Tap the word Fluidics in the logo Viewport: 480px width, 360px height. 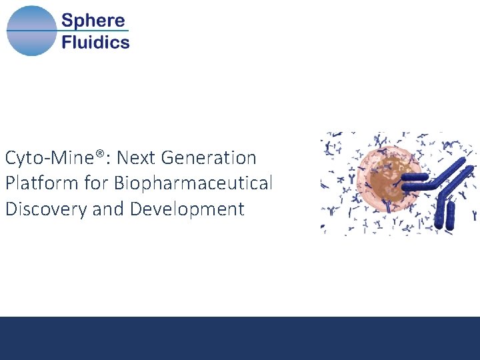[x=95, y=43]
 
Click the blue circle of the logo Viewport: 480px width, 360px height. [x=31, y=31]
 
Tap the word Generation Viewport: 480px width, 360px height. [x=208, y=159]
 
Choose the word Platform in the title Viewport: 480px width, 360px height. [x=37, y=183]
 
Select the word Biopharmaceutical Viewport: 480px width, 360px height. [x=193, y=183]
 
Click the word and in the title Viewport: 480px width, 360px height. [x=107, y=209]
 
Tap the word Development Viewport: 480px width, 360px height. [x=187, y=209]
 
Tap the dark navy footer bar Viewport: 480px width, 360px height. [x=240, y=338]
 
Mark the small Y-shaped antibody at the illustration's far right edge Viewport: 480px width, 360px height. [x=475, y=216]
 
